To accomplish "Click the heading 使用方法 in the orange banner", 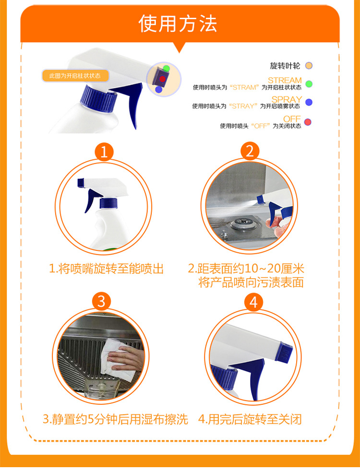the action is [178, 24].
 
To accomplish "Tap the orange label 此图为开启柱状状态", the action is [75, 76].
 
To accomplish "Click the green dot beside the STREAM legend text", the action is [309, 84].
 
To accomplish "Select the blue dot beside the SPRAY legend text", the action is [309, 103].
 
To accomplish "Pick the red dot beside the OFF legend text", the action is [308, 122].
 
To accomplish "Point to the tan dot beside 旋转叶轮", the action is [309, 66].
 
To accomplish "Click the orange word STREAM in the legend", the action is [285, 80].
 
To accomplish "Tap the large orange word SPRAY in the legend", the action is [287, 99].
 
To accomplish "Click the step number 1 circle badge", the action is [104, 152].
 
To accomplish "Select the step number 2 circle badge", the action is [250, 151].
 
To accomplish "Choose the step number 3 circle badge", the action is [101, 301].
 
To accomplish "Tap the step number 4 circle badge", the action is [253, 302].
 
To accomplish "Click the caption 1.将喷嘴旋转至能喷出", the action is [106, 269].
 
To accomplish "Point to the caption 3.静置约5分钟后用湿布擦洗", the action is [115, 419].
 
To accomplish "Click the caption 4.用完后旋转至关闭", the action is [250, 419].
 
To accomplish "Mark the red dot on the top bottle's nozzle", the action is [162, 79].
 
